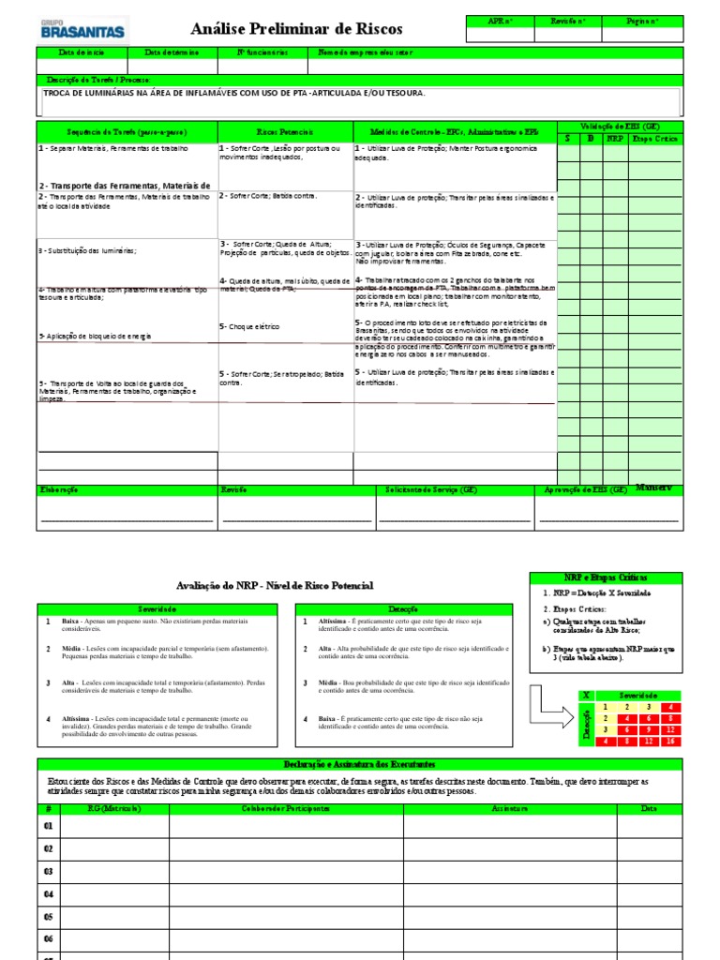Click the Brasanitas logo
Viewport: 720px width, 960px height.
click(82, 28)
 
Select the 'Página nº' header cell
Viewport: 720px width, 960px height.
click(641, 21)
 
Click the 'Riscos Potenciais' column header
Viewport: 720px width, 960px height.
click(285, 132)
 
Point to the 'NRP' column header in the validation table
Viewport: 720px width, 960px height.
click(615, 138)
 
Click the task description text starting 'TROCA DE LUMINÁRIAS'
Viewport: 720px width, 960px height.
click(234, 94)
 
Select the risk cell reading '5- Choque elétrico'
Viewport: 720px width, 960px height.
click(250, 327)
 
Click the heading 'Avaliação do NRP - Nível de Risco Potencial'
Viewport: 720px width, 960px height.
click(275, 585)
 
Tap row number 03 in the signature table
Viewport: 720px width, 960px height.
click(49, 871)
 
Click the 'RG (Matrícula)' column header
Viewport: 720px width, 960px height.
click(114, 808)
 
